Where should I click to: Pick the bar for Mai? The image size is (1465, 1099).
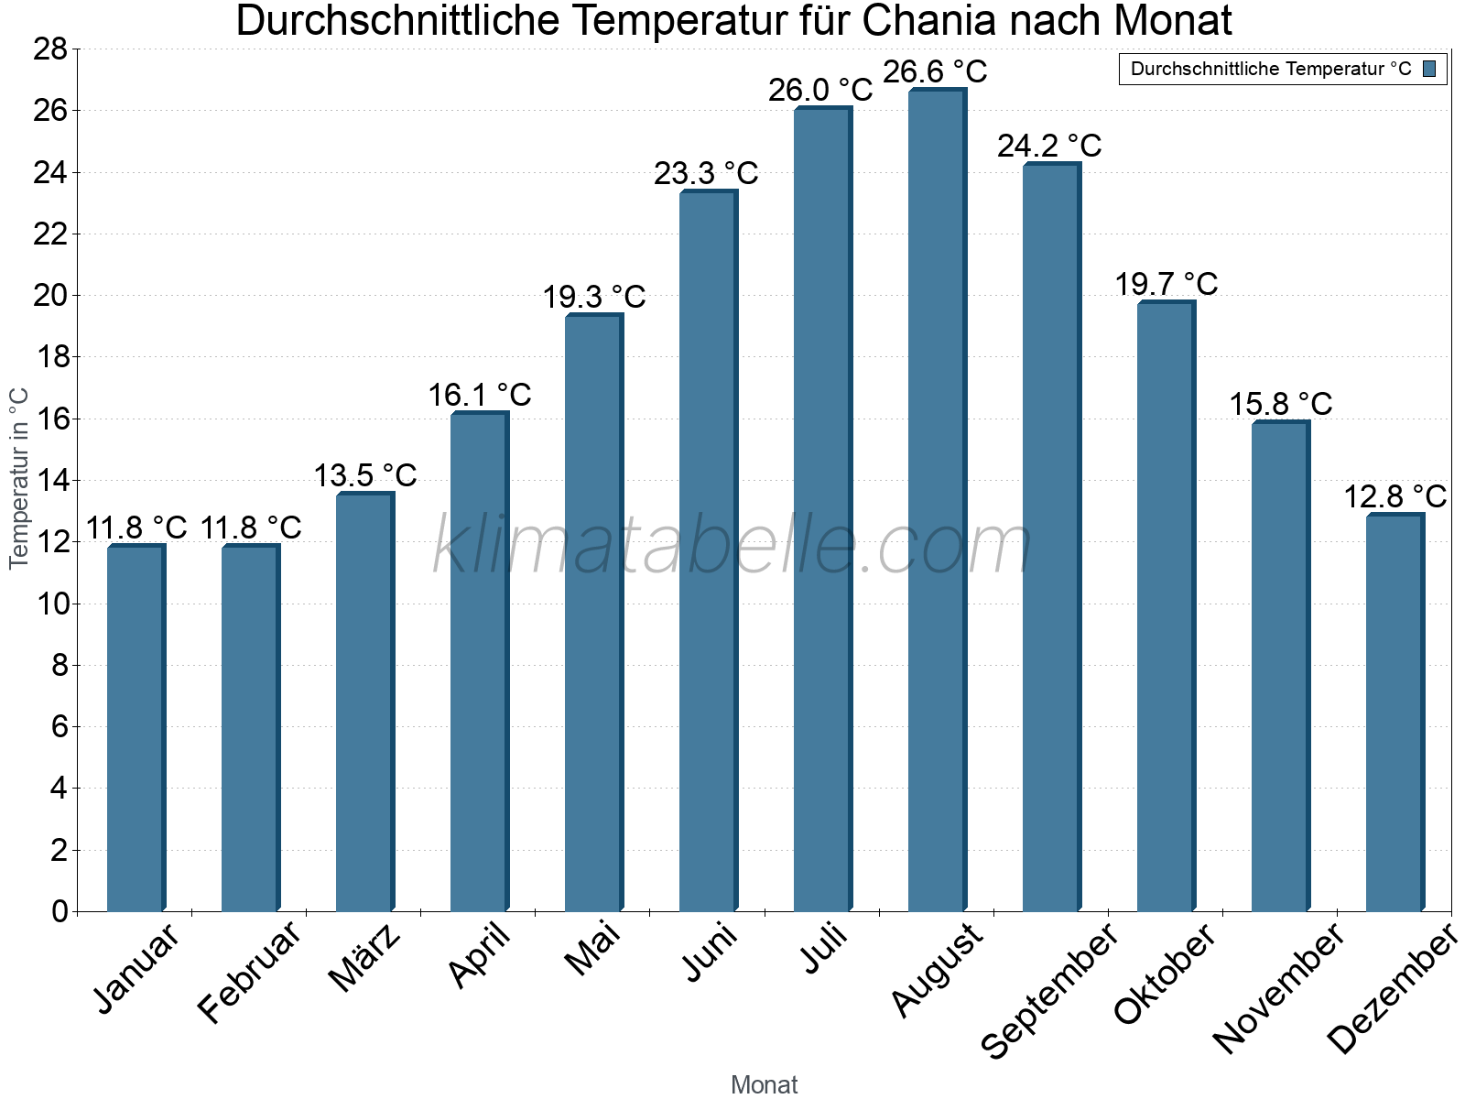click(x=593, y=613)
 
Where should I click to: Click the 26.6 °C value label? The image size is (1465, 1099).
click(x=935, y=71)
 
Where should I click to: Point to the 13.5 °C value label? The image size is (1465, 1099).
click(x=365, y=475)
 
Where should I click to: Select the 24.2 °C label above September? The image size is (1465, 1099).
click(x=1049, y=146)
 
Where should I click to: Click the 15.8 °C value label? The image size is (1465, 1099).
click(x=1280, y=404)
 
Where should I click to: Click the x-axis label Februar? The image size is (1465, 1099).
click(x=249, y=972)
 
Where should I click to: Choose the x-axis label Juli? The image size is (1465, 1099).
click(x=824, y=949)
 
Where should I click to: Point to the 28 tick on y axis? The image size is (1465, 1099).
click(x=50, y=49)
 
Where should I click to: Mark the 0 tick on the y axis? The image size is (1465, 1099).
click(x=60, y=911)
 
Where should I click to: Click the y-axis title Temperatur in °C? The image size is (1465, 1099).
click(x=19, y=478)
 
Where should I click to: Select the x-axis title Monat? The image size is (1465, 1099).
click(x=764, y=1084)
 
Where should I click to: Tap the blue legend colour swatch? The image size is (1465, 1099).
click(x=1429, y=69)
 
